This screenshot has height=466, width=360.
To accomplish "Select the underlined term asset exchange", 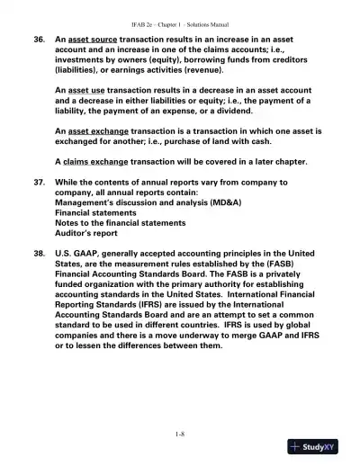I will [x=103, y=131].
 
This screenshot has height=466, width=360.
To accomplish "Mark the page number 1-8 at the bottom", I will [x=180, y=433].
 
